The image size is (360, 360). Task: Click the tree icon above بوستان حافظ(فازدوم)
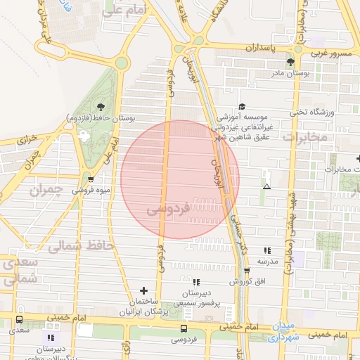tap(101, 107)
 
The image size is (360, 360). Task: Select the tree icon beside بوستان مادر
tap(290, 63)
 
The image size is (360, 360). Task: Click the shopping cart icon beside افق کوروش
tap(245, 271)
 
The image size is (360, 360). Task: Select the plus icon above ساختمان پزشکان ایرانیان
tap(144, 290)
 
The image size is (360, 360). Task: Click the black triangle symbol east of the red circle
tap(266, 187)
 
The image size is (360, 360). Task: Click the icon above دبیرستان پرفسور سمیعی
tap(197, 281)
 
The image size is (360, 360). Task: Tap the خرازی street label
tap(26, 137)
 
